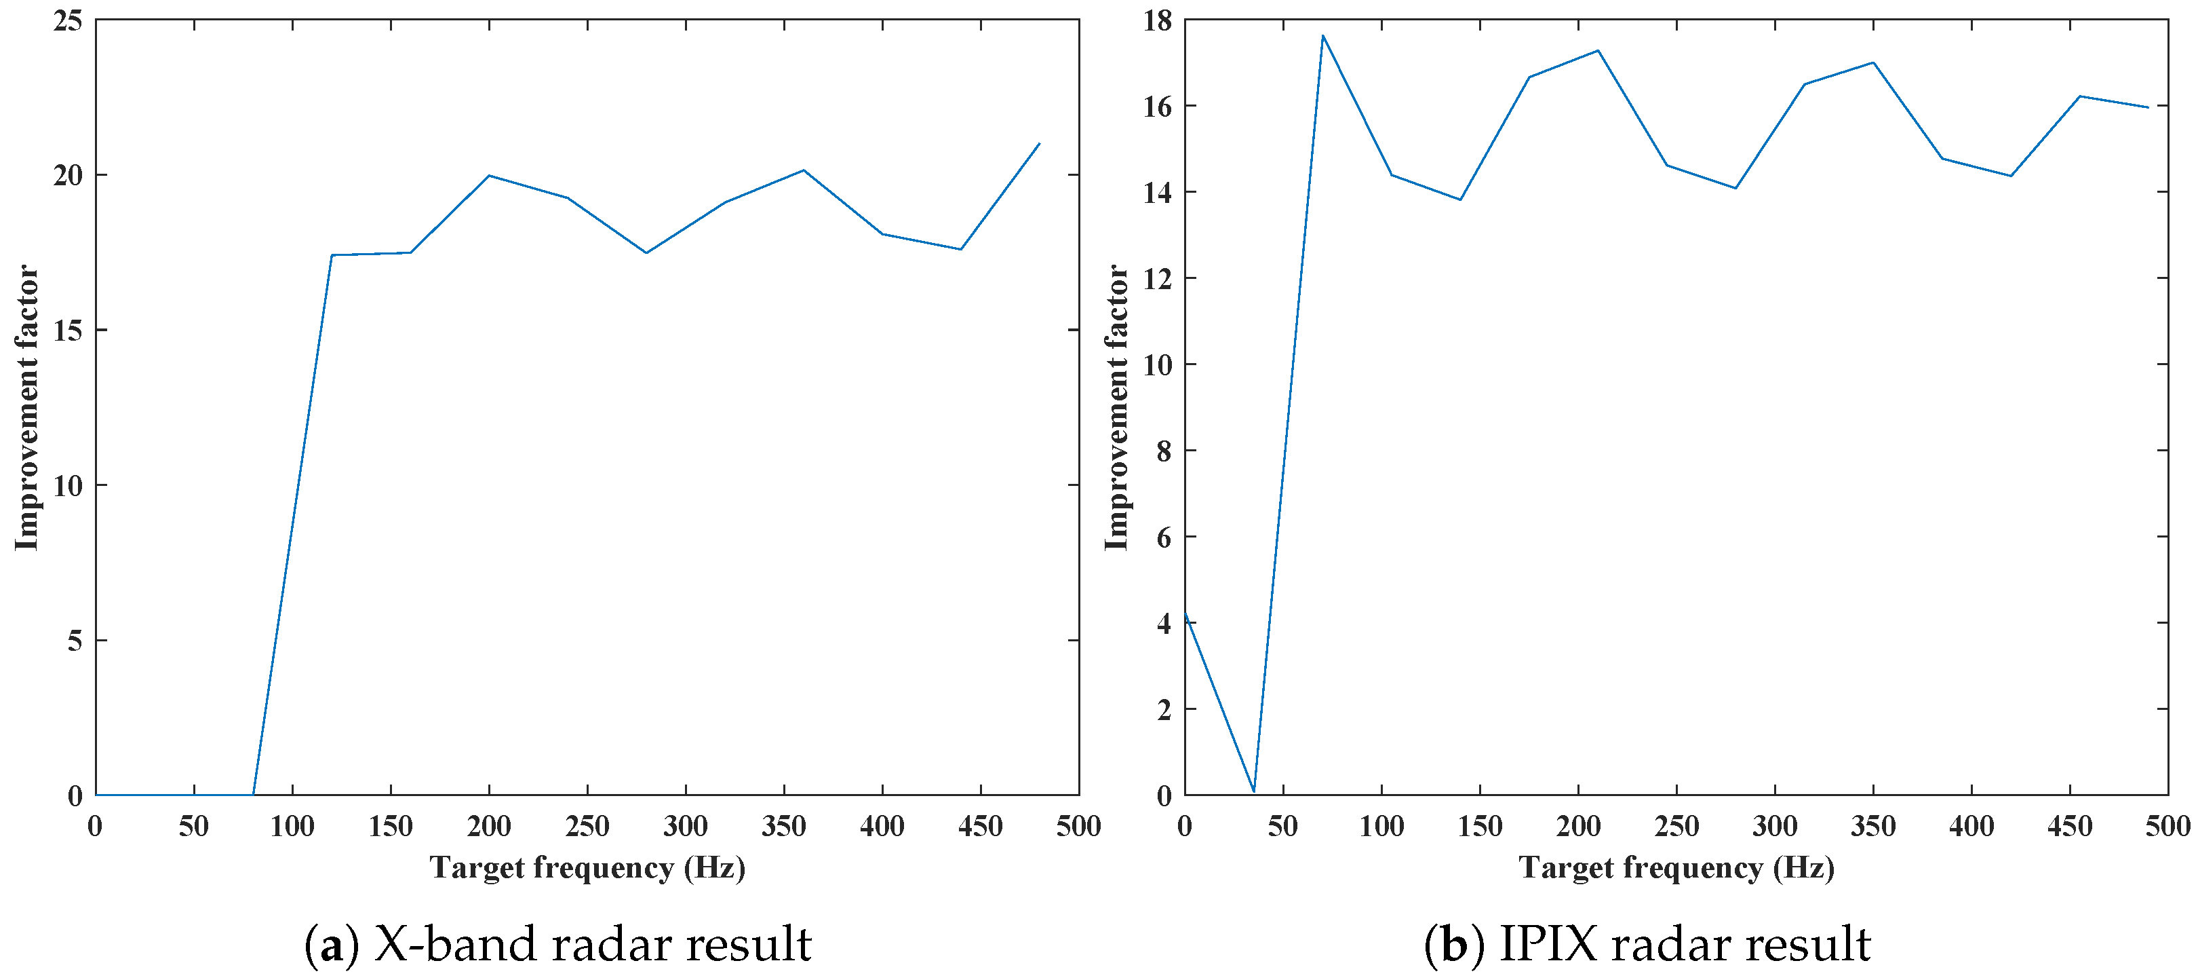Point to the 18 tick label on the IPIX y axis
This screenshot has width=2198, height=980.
tap(1157, 20)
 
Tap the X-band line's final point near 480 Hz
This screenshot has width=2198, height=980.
tap(1038, 143)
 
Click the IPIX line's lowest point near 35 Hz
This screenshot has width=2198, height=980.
tap(1253, 791)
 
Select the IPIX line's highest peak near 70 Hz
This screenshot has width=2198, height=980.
tap(1322, 36)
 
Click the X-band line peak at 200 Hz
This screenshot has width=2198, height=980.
tap(489, 175)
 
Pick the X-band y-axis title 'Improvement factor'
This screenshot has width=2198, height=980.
tap(27, 407)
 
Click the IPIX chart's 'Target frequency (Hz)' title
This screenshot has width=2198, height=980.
tap(1676, 868)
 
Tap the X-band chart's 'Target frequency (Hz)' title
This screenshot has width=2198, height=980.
tap(587, 868)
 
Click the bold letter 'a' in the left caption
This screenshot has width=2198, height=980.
tap(332, 946)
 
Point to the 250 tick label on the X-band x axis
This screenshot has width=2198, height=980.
tap(587, 827)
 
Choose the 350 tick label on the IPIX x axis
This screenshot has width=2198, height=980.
tap(1873, 827)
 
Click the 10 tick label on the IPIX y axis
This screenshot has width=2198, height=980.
tap(1157, 364)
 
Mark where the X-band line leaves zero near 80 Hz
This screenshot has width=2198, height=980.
tap(254, 795)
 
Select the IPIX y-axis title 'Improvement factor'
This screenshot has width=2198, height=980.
tap(1116, 407)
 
